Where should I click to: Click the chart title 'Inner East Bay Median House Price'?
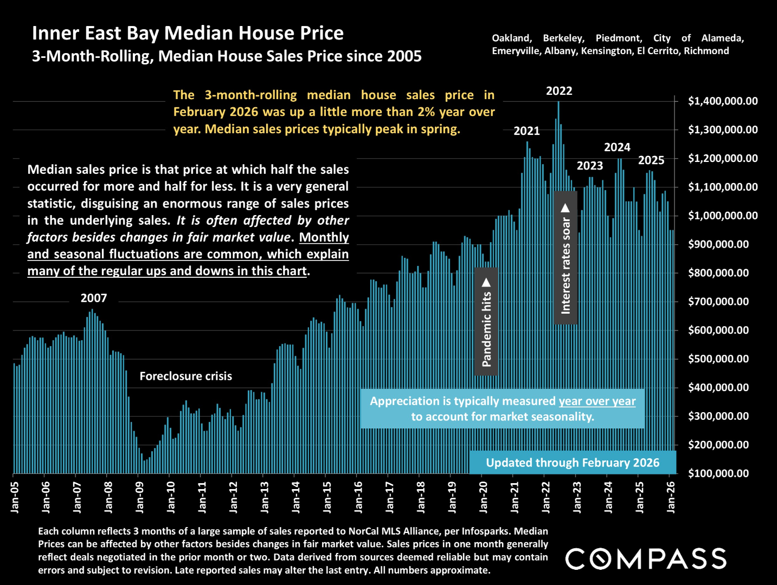click(x=188, y=34)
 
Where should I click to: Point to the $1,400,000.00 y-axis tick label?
click(x=723, y=101)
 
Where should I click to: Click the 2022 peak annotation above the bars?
click(x=559, y=91)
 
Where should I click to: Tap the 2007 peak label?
click(x=94, y=298)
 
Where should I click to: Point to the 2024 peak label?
click(x=617, y=147)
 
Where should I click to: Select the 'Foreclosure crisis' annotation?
click(x=185, y=376)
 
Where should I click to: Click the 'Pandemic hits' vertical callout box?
click(x=486, y=322)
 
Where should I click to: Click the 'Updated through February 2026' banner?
click(x=573, y=463)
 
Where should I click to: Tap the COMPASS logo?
click(x=646, y=559)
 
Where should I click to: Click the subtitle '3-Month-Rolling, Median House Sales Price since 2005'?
click(x=227, y=56)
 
